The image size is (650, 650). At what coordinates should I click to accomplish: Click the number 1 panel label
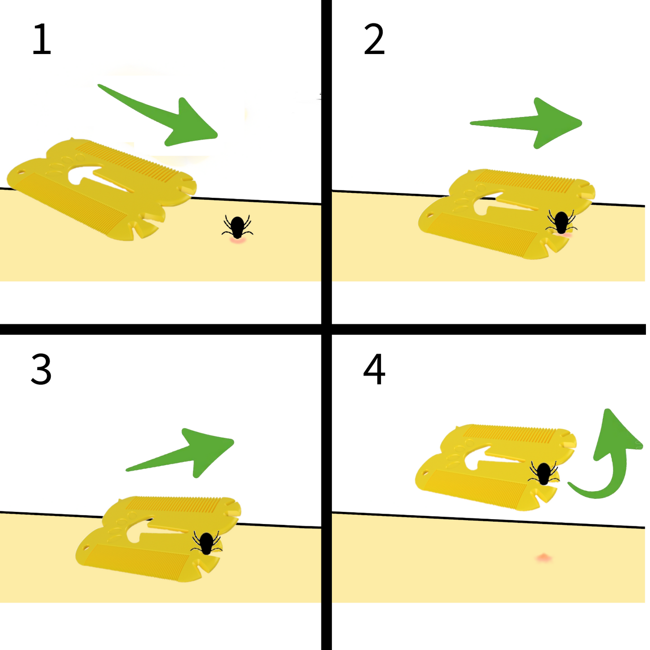(x=42, y=40)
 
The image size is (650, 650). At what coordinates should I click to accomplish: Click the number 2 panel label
(x=374, y=40)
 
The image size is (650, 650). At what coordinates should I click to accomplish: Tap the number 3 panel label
(x=41, y=369)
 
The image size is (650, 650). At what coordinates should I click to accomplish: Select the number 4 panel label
(x=374, y=369)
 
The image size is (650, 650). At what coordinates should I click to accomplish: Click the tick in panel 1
(x=237, y=227)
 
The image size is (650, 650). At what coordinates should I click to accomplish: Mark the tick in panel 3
(x=206, y=543)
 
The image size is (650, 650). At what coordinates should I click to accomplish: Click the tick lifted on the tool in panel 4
(x=544, y=473)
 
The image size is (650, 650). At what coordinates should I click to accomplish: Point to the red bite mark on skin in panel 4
(x=544, y=558)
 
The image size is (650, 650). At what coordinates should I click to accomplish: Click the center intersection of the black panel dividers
(x=327, y=329)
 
